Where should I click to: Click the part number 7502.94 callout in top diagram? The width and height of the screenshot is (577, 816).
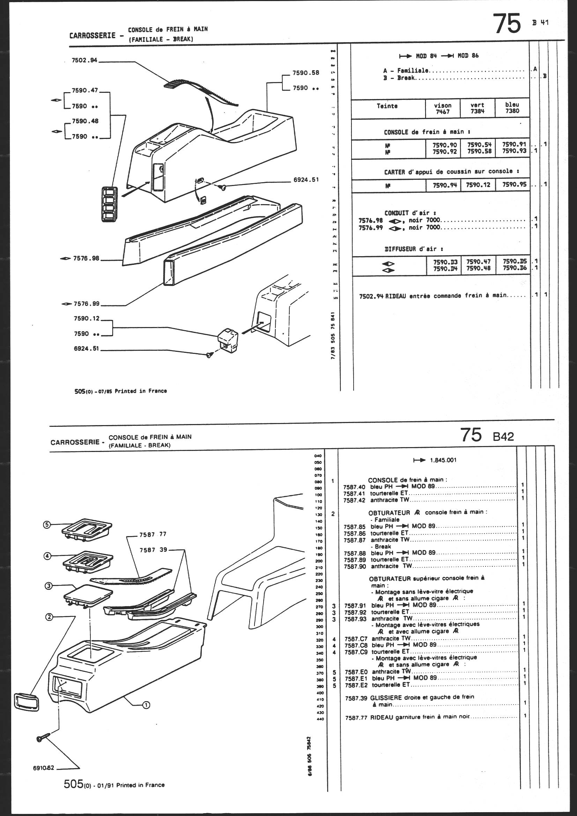[x=84, y=60]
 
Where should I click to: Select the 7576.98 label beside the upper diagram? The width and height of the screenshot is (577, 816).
[x=86, y=258]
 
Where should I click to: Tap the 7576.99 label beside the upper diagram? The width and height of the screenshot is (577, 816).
[x=86, y=304]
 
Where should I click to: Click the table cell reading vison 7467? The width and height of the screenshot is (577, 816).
[x=443, y=109]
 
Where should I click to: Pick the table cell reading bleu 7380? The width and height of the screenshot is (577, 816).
[x=512, y=108]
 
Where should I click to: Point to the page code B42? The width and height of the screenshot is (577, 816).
[x=503, y=436]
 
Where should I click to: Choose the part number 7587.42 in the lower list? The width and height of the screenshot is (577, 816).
[x=354, y=500]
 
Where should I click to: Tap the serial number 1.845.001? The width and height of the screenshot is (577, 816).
[x=443, y=460]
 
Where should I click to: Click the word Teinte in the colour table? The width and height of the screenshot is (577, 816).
[x=387, y=106]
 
